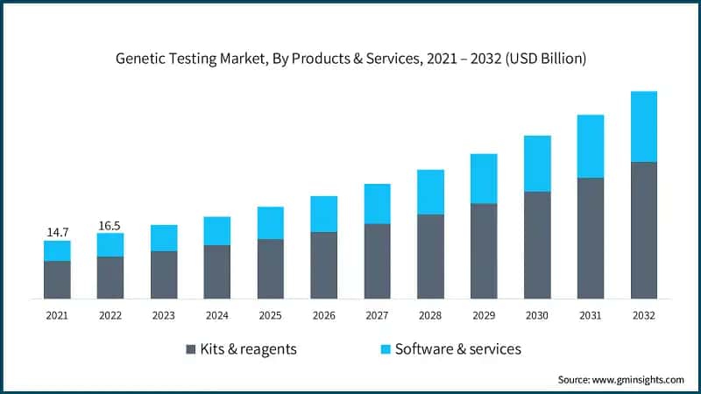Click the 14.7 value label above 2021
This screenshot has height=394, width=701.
57,232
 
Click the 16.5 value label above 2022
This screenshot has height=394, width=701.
110,225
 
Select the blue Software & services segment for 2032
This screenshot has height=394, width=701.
644,127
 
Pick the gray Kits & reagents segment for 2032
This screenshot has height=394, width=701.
644,230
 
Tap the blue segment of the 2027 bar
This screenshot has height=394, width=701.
378,204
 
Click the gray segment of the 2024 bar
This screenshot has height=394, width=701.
217,271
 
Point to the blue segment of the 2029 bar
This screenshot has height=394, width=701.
484,179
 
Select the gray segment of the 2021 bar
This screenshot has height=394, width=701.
57,279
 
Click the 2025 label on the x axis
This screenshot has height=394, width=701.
270,315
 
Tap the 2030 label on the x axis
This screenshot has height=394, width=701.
537,315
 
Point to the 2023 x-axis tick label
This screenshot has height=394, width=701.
164,315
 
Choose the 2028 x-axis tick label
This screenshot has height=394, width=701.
430,315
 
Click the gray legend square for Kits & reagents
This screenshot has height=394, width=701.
191,349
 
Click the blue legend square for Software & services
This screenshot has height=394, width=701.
384,349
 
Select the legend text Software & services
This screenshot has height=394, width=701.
458,349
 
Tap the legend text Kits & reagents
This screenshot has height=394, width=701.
249,349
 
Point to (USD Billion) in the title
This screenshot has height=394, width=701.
542,60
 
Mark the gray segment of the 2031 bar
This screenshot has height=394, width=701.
591,238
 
